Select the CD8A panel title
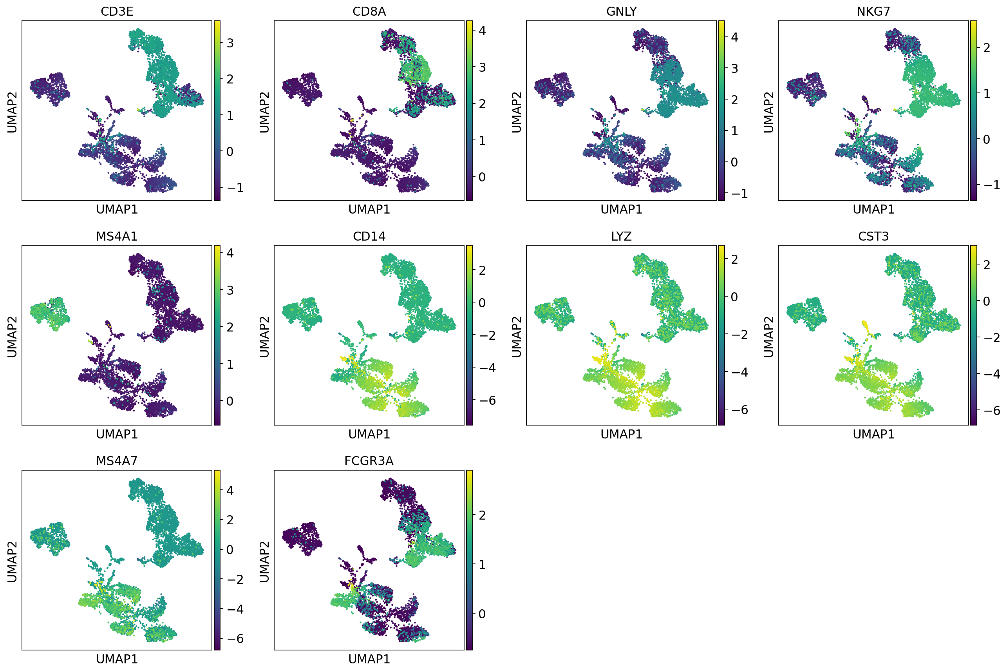(369, 12)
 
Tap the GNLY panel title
(621, 12)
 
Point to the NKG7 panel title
(873, 12)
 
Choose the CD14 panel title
(369, 236)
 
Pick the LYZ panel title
(621, 236)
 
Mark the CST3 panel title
(873, 236)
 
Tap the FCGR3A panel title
(369, 461)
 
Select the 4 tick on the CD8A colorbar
(482, 31)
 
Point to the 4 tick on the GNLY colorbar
(734, 37)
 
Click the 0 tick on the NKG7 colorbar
(987, 139)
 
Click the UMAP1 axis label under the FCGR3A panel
(369, 659)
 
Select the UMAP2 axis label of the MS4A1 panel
(12, 337)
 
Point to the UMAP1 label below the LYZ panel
(621, 434)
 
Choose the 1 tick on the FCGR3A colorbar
(482, 564)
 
